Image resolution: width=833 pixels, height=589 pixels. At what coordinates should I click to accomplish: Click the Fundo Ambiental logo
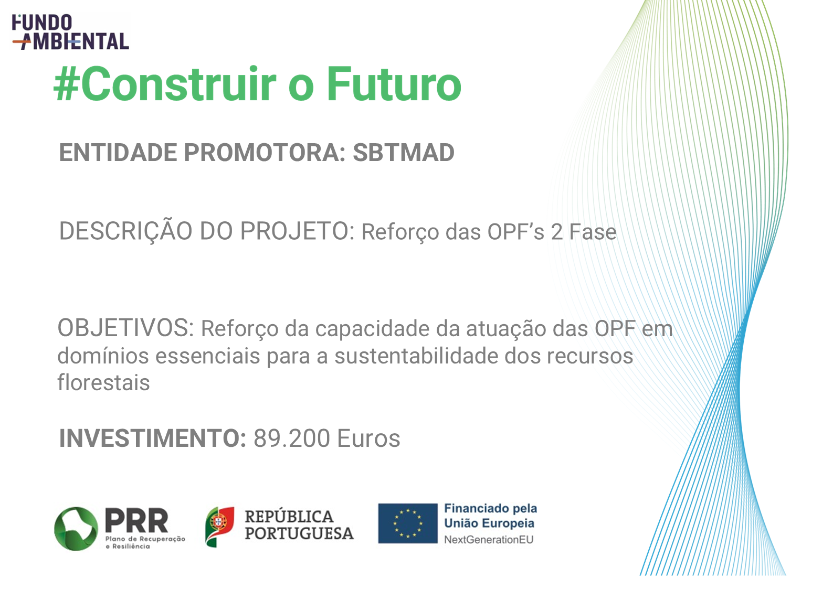[70, 32]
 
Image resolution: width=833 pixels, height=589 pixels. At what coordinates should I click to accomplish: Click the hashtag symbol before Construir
[67, 83]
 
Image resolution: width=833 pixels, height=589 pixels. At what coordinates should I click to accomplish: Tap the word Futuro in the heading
[394, 83]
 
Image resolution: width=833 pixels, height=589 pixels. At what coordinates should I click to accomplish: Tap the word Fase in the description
[593, 232]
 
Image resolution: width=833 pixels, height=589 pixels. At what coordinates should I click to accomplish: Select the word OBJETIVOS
[125, 328]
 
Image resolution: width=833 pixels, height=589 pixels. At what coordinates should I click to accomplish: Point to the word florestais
[103, 382]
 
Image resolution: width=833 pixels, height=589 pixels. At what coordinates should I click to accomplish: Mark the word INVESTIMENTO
[152, 438]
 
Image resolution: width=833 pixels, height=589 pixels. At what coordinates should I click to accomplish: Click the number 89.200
[292, 438]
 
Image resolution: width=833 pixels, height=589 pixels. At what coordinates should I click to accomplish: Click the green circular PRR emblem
[76, 529]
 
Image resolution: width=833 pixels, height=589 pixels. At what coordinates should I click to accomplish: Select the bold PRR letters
[136, 521]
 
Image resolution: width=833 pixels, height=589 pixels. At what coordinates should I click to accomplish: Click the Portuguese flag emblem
[219, 527]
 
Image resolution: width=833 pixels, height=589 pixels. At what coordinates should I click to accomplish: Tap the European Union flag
[408, 523]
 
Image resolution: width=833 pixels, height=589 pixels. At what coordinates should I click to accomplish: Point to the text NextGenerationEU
[489, 540]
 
